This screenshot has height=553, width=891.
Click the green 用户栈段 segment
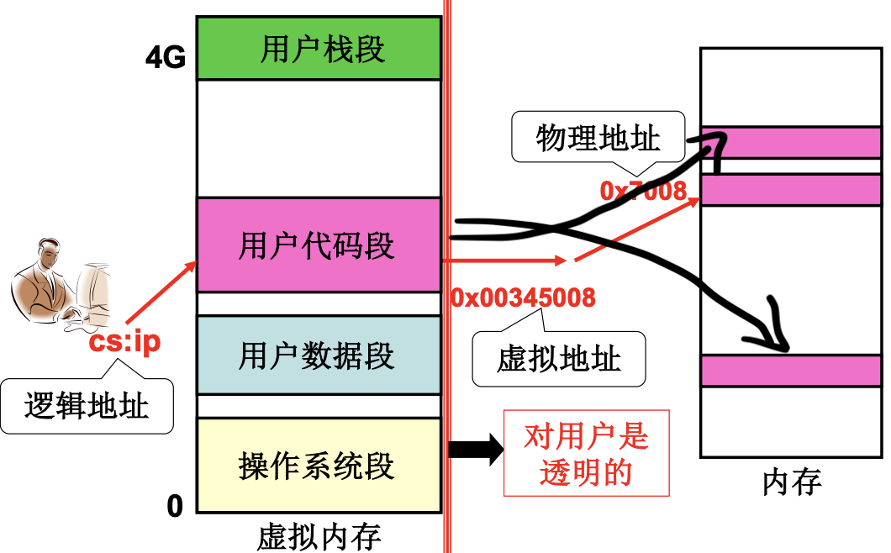tap(319, 49)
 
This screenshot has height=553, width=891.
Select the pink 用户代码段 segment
tap(319, 245)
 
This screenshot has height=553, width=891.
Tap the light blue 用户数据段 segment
tap(319, 355)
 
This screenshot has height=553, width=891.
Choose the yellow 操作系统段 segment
tap(319, 465)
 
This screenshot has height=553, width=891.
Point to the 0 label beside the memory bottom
tap(175, 506)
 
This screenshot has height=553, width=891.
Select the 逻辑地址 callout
tap(87, 407)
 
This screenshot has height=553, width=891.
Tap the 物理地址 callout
tap(598, 138)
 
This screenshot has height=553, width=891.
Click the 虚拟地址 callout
tap(559, 360)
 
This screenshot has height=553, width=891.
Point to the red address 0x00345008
tap(523, 298)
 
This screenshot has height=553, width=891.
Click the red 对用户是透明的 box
tap(586, 453)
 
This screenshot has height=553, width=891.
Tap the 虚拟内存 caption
tap(319, 536)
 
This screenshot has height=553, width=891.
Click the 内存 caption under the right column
tap(791, 482)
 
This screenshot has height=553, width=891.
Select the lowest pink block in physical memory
tap(790, 370)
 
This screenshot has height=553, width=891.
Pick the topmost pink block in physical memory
tap(790, 141)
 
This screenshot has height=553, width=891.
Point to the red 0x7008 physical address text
tap(644, 192)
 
